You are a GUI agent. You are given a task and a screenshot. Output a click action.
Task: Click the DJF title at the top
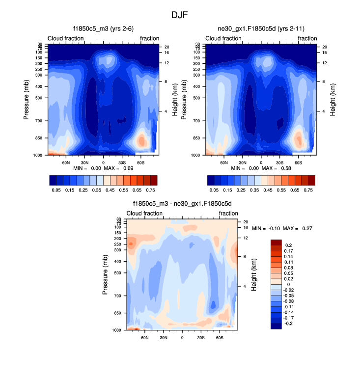pos(180,15)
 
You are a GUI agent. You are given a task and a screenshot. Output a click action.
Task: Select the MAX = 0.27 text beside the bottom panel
pos(297,229)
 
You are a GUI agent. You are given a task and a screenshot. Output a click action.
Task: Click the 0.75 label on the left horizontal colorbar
pos(150,189)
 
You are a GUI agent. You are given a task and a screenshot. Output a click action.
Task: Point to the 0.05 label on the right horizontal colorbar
pos(214,189)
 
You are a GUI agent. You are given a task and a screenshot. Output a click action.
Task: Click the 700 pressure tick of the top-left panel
pos(40,121)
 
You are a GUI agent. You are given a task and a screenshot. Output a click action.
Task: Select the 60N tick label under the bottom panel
pos(145,338)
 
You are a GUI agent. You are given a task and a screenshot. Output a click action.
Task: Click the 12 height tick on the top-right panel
pos(324,63)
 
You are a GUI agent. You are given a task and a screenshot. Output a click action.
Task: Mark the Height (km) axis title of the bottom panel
pos(254,275)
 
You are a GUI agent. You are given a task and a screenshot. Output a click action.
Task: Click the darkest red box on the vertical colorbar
pos(276,242)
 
